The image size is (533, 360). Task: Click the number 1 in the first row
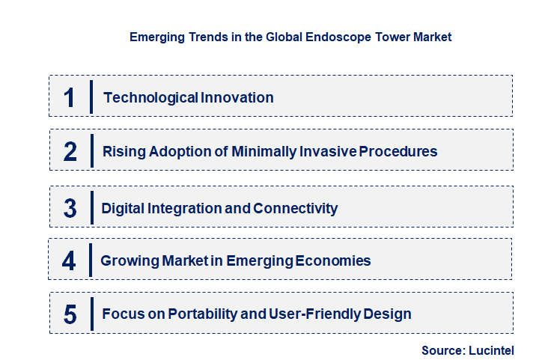(70, 97)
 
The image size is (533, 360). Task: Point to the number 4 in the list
(69, 261)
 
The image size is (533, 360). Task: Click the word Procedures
(398, 151)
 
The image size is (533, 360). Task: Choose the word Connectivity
(296, 208)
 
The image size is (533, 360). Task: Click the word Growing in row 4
(129, 260)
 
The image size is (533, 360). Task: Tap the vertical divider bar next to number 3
(91, 207)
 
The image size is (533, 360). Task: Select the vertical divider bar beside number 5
(91, 313)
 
